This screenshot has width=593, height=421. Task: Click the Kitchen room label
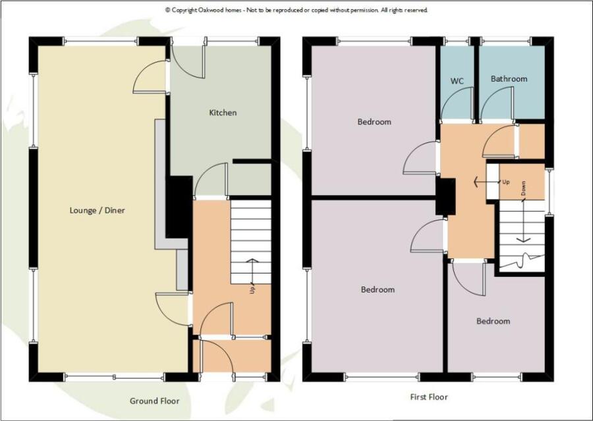coord(223,113)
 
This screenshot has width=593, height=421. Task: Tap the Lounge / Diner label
coord(98,210)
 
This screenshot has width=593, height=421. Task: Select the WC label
coord(457,81)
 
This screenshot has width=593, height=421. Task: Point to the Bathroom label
coord(509,78)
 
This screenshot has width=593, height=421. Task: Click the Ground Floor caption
coord(154,401)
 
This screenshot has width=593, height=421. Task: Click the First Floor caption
coord(429,397)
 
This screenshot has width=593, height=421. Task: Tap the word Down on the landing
coord(523,188)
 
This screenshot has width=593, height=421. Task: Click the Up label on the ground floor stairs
coord(252,289)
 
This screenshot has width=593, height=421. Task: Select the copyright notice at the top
coord(296,11)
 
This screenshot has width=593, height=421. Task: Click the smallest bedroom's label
coord(493,321)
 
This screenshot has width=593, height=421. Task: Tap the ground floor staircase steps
coord(251,242)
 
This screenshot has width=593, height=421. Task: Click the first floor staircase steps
coord(522,236)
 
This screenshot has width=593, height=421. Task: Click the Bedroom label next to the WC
coord(374,122)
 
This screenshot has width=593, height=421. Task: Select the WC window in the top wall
coord(457,40)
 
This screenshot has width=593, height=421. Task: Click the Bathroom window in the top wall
coord(506,40)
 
